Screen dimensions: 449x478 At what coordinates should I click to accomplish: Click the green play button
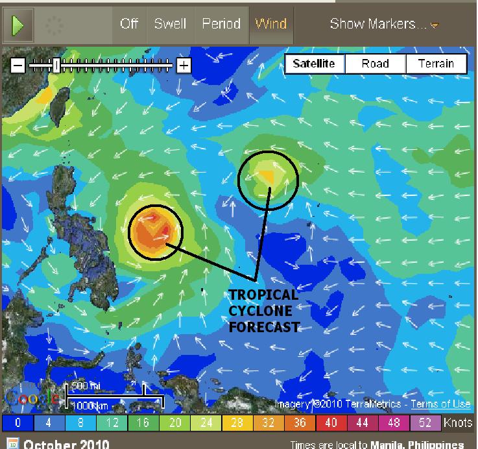click(18, 25)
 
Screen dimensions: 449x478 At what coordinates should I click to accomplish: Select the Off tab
click(129, 24)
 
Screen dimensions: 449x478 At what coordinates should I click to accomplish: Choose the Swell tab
click(170, 24)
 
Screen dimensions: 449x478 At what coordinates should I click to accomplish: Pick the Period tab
click(221, 24)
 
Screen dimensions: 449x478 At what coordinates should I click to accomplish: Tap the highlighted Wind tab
click(271, 24)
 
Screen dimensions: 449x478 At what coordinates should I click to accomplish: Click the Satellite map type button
click(314, 64)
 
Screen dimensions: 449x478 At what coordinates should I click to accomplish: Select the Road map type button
click(375, 64)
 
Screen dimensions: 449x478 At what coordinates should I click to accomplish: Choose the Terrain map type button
click(436, 64)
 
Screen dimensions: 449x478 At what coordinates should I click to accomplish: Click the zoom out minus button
click(18, 65)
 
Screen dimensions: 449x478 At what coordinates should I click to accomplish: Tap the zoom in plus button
click(184, 65)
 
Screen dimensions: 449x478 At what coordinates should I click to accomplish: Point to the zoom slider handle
click(57, 65)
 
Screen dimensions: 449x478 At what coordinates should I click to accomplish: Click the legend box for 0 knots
click(18, 423)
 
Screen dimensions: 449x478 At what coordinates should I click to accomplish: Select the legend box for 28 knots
click(237, 423)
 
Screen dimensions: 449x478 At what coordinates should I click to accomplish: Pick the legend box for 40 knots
click(330, 423)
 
